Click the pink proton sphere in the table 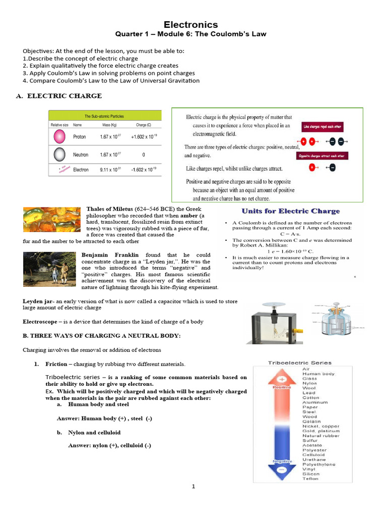pos(59,137)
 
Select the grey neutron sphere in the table pos(59,153)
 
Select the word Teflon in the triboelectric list pos(310,478)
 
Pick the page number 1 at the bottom pos(192,487)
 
